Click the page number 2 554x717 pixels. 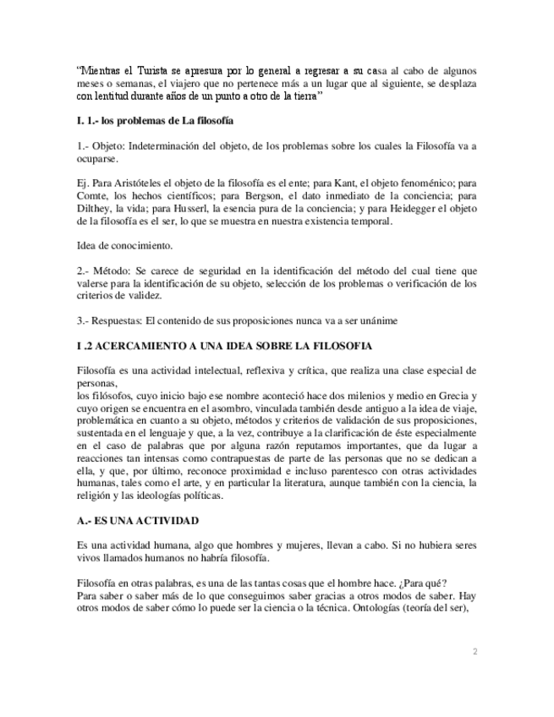[474, 652]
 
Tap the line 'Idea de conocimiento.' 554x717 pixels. [123, 246]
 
